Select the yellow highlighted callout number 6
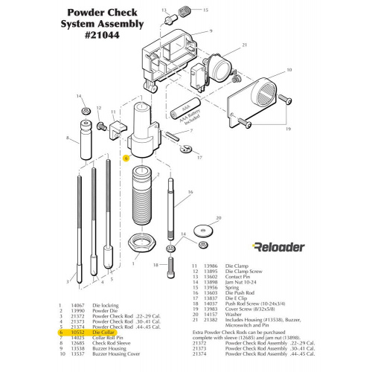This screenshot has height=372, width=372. pos(126,158)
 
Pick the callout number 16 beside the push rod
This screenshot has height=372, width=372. pos(189,192)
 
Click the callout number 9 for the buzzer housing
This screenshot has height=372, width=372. pos(211,32)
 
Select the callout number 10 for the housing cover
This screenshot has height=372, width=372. pos(282,68)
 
